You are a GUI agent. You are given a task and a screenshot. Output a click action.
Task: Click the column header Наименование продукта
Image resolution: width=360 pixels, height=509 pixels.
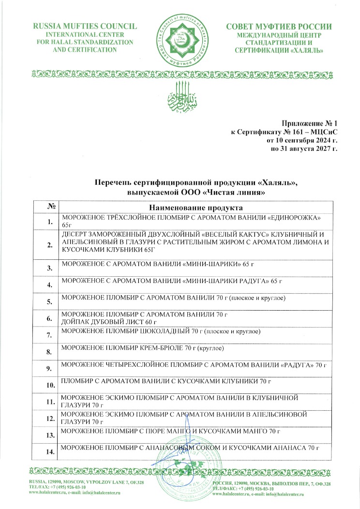[195, 207]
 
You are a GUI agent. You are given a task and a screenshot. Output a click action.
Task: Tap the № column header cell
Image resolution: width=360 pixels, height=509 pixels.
[49, 206]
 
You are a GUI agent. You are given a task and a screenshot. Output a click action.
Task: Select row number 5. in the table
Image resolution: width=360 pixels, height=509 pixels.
[49, 302]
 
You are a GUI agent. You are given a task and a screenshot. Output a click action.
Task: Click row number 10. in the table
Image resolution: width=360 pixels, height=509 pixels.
[49, 386]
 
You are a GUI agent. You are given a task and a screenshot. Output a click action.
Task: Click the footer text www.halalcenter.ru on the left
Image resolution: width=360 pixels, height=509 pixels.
[46, 494]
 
